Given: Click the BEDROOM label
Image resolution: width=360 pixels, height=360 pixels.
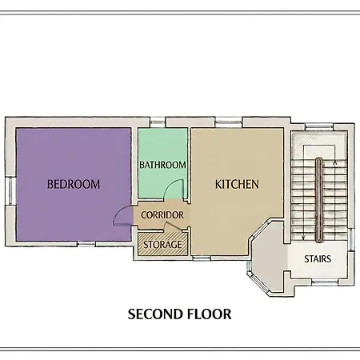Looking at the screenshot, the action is click(74, 184).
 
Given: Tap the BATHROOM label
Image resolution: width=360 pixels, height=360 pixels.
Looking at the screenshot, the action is click(162, 165).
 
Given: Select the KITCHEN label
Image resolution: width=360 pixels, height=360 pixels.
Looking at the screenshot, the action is click(237, 184).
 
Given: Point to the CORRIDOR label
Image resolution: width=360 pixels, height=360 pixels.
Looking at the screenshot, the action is click(162, 215).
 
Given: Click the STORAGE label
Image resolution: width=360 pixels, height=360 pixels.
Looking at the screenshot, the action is click(162, 245).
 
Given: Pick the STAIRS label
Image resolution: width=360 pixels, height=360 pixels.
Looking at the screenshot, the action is click(318, 258).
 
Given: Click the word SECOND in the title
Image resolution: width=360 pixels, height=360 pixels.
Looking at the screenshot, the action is click(154, 314).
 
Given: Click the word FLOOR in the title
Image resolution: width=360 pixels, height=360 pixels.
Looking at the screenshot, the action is click(209, 314).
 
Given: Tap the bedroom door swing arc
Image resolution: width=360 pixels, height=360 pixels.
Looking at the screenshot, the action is click(118, 212).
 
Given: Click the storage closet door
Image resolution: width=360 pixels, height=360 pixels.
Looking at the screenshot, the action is click(174, 227).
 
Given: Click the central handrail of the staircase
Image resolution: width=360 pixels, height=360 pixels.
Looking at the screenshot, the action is click(319, 200).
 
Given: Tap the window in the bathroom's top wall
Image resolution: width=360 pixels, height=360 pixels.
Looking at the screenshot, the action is click(157, 123).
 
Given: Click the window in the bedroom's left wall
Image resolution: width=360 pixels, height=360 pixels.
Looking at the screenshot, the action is click(10, 191).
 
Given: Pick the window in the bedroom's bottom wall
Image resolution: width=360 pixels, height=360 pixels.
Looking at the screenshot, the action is click(86, 244).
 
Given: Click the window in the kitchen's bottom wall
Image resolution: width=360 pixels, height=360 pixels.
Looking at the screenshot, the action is click(202, 258).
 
